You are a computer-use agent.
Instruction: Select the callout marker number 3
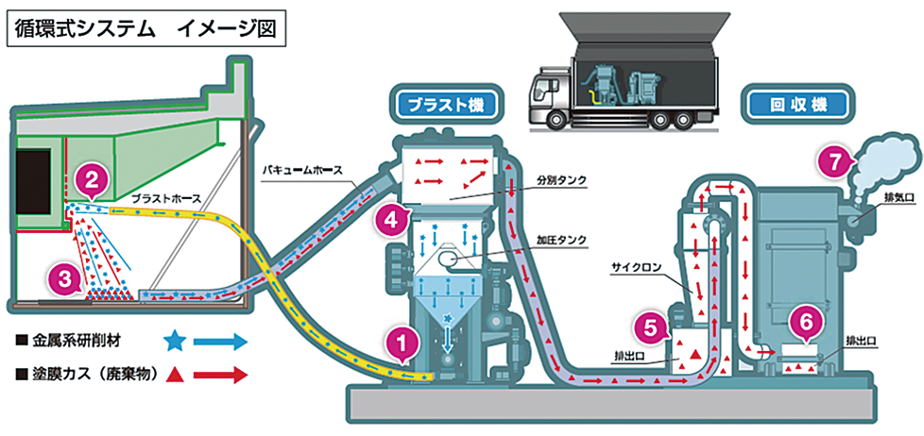(66, 278)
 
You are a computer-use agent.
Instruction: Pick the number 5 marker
(649, 327)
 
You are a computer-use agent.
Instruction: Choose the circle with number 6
(806, 321)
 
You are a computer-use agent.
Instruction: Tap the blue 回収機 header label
(798, 104)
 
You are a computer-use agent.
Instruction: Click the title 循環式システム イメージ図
(145, 29)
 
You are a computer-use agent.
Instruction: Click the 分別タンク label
(561, 180)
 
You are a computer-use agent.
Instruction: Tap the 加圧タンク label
(561, 241)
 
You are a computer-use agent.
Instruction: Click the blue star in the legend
(173, 342)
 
